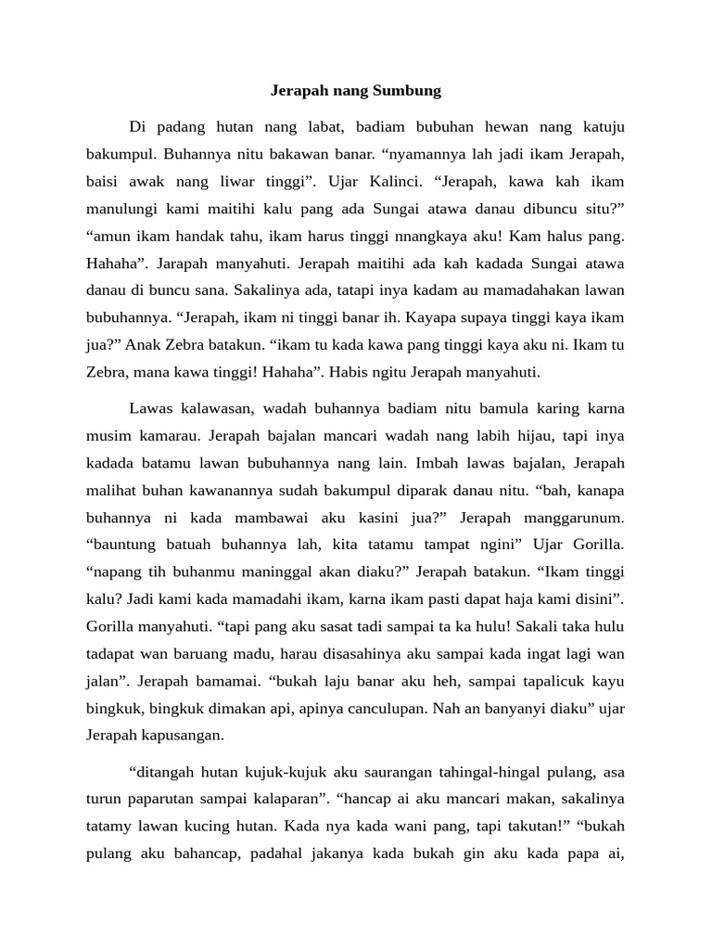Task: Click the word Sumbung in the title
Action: (x=406, y=91)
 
